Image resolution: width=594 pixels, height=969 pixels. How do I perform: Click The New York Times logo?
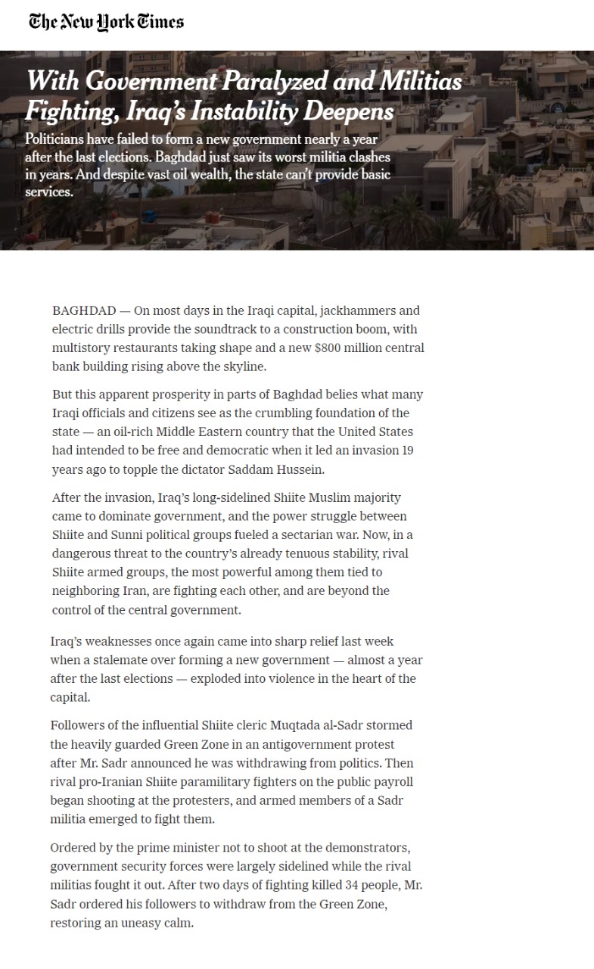click(106, 22)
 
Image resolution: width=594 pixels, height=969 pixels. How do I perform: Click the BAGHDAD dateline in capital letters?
click(84, 310)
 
